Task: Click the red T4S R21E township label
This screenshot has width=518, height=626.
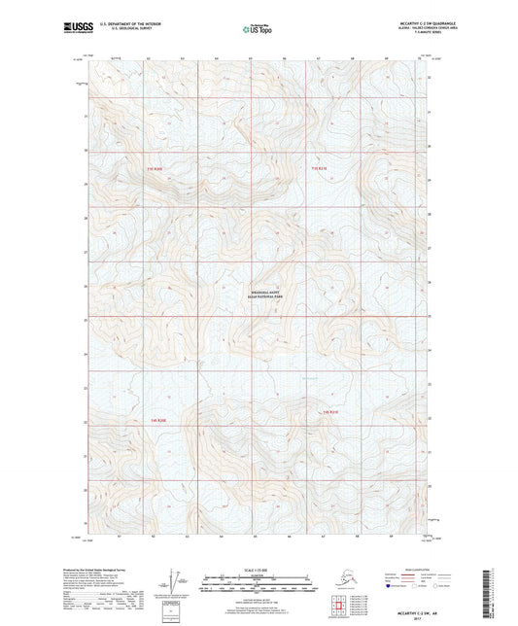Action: [321, 168]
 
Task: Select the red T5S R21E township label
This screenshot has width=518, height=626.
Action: [330, 413]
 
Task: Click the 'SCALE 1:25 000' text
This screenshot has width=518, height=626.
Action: [259, 571]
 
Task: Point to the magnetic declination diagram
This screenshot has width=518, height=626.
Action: [176, 582]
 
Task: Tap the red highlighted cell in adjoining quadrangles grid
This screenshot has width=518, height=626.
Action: [339, 611]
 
